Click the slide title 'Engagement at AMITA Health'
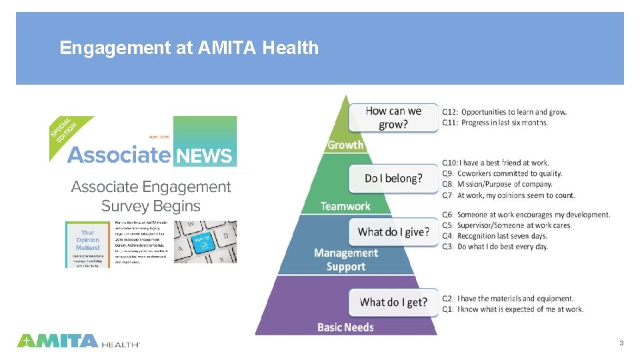[x=189, y=48]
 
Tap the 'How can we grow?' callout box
[x=393, y=118]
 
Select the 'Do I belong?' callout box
[x=393, y=179]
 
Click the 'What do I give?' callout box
[x=393, y=232]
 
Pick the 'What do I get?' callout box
[x=393, y=302]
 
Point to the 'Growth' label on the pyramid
[x=345, y=145]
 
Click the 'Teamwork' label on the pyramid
[x=345, y=206]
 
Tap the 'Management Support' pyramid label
[x=345, y=259]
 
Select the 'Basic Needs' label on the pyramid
[x=345, y=327]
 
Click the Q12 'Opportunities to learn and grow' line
[x=505, y=111]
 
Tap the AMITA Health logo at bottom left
[x=78, y=341]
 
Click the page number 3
[x=621, y=343]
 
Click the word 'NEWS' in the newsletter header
[x=204, y=156]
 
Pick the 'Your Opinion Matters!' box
[x=87, y=240]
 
